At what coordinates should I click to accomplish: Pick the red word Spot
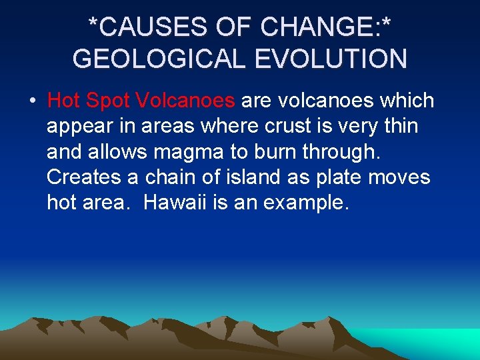click(x=108, y=101)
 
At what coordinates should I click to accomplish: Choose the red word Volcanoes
click(x=186, y=101)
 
